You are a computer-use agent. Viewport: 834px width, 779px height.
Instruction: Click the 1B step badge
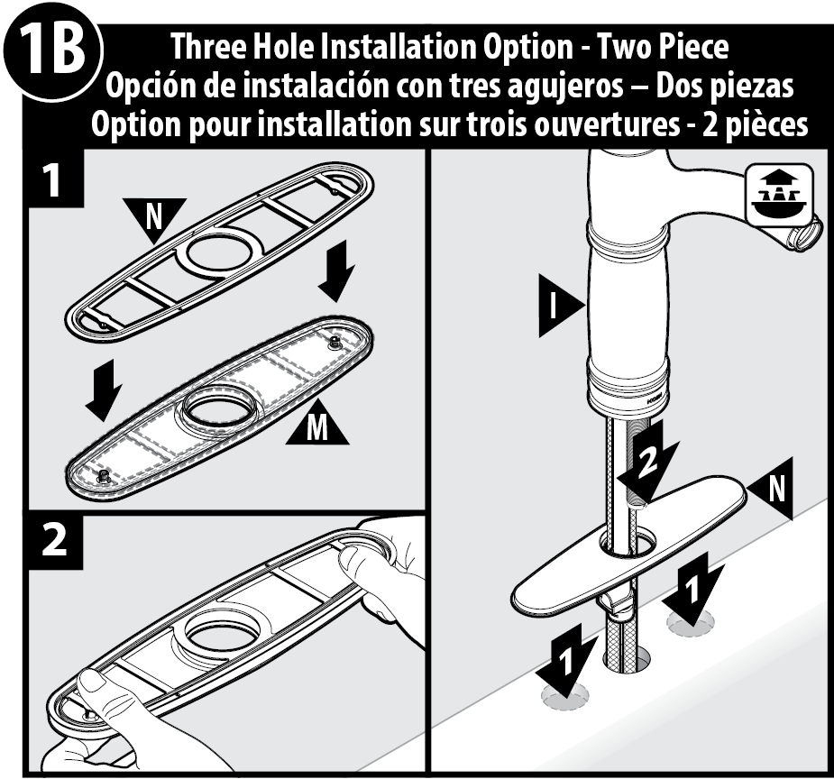click(x=51, y=51)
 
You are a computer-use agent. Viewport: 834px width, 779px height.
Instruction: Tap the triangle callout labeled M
click(x=317, y=426)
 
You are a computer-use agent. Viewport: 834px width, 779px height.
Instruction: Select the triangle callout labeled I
click(x=560, y=306)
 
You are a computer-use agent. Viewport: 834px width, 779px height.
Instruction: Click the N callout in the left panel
click(x=154, y=218)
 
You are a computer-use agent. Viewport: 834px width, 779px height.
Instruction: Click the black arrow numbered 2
click(x=649, y=460)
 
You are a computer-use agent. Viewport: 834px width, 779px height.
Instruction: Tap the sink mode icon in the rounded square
click(x=780, y=195)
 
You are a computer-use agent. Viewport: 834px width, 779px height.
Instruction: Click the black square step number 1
click(x=55, y=179)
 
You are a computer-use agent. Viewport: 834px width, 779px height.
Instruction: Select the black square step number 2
click(x=55, y=541)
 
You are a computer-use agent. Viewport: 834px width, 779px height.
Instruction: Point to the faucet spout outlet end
click(x=805, y=233)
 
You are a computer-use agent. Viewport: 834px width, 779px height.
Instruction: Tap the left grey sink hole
click(x=564, y=696)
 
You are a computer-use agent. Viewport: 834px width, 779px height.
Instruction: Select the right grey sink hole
click(x=692, y=622)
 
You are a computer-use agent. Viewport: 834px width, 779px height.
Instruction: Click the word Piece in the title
click(x=693, y=47)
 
